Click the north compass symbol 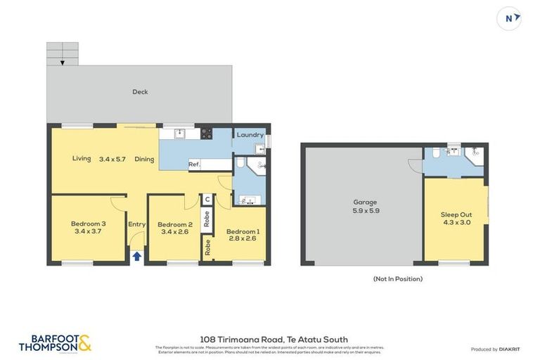click(508, 18)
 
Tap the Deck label click(140, 92)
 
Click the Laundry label click(250, 135)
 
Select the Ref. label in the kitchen click(195, 165)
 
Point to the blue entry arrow click(136, 257)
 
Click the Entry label click(136, 224)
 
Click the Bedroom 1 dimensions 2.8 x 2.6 click(243, 238)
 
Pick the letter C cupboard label click(207, 200)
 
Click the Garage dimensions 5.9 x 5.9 click(365, 210)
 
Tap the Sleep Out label click(456, 214)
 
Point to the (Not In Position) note click(397, 279)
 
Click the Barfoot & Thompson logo click(55, 342)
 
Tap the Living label click(82, 159)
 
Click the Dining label click(144, 159)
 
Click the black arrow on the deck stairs click(63, 63)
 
